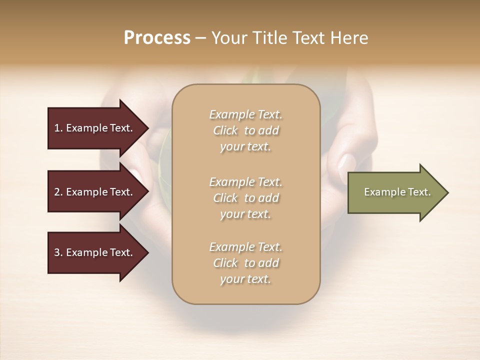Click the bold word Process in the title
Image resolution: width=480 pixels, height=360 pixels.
pyautogui.click(x=157, y=38)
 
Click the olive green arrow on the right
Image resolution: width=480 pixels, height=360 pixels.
pyautogui.click(x=395, y=192)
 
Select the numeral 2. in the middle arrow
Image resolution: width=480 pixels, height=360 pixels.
pyautogui.click(x=58, y=192)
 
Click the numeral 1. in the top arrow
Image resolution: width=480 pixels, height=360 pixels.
pyautogui.click(x=58, y=128)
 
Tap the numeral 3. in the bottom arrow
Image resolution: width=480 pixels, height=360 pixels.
pyautogui.click(x=58, y=252)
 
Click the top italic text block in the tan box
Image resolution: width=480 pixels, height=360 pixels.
pyautogui.click(x=245, y=130)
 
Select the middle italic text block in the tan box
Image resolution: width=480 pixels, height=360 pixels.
pyautogui.click(x=245, y=198)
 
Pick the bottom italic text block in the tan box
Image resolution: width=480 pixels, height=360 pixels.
pyautogui.click(x=245, y=263)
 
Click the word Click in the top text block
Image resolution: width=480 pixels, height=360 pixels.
pyautogui.click(x=225, y=130)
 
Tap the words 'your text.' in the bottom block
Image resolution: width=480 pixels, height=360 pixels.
pyautogui.click(x=245, y=279)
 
